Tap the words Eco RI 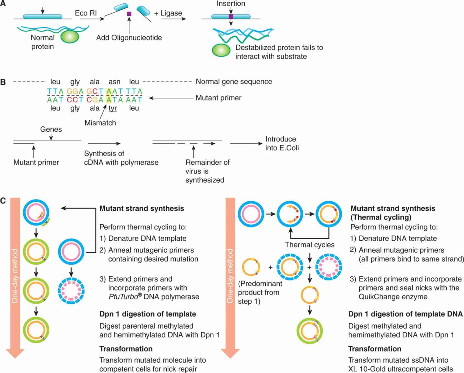[85, 13]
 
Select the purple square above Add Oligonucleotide [129, 14]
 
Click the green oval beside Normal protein [70, 36]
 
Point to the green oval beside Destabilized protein [221, 50]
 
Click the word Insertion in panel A [231, 4]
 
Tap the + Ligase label [168, 13]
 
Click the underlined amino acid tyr [113, 108]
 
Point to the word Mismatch [100, 123]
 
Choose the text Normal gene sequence [234, 82]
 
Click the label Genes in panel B [51, 129]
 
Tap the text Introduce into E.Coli [282, 143]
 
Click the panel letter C [3, 201]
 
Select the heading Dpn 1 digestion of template [148, 314]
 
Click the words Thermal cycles [310, 245]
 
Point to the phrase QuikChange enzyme [393, 297]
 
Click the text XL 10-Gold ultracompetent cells [400, 369]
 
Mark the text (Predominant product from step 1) [260, 292]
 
